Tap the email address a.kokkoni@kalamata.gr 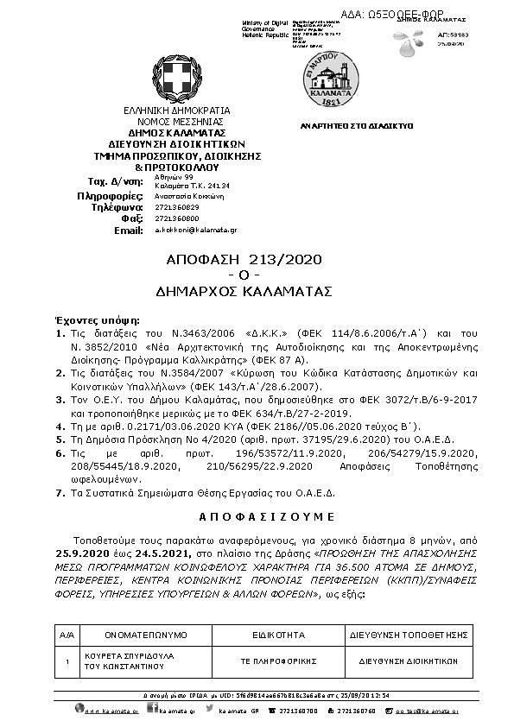click(x=196, y=231)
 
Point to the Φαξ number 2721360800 click(x=177, y=218)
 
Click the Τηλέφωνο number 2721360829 click(x=177, y=207)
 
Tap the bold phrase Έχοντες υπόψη click(x=87, y=318)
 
